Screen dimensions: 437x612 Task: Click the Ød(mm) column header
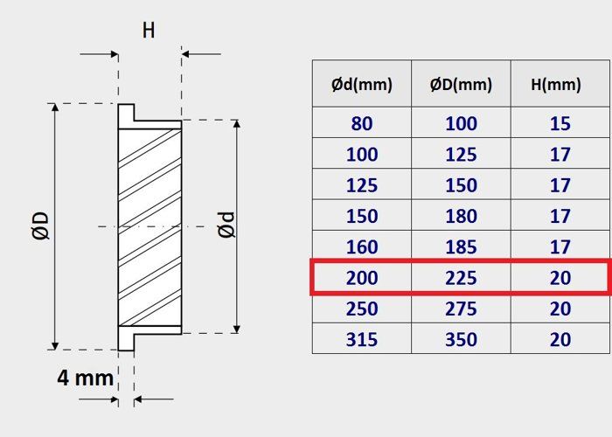tap(362, 85)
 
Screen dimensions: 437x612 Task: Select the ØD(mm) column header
tap(461, 85)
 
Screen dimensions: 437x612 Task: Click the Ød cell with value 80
tap(362, 123)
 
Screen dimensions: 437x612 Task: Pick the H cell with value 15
tap(560, 123)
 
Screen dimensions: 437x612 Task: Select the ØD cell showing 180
tap(461, 216)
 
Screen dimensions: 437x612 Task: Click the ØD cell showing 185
tap(461, 247)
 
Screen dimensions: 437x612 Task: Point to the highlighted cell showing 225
tap(461, 278)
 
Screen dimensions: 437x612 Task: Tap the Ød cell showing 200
tap(362, 278)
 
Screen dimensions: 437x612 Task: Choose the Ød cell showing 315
tap(362, 339)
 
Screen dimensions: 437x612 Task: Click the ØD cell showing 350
tap(461, 339)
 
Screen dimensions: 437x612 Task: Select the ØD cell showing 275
tap(461, 309)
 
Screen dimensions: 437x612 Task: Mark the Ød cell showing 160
tap(362, 247)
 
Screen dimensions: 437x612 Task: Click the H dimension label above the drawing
tap(149, 31)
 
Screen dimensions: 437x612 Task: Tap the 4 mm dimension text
tap(86, 378)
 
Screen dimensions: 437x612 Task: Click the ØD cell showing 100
tap(461, 123)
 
